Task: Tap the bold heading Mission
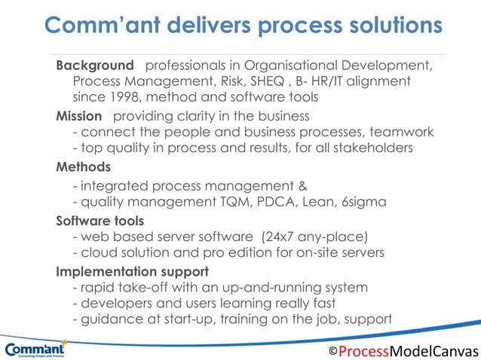(78, 115)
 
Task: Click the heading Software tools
(100, 221)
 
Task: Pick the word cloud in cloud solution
(99, 253)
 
